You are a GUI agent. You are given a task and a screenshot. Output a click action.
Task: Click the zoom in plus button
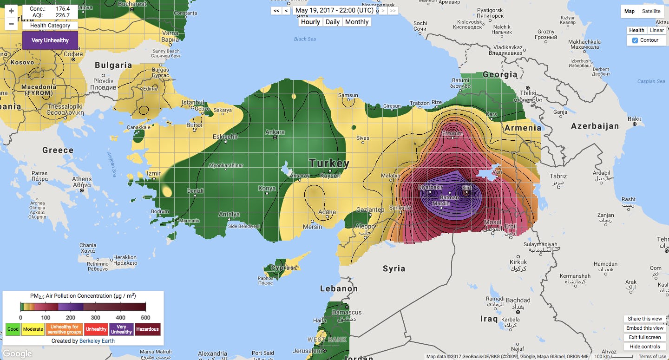click(x=11, y=11)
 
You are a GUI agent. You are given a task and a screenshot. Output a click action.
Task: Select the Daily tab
click(x=332, y=22)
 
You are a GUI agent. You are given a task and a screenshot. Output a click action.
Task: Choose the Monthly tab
click(x=357, y=22)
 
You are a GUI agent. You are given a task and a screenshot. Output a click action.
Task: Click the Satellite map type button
click(x=651, y=11)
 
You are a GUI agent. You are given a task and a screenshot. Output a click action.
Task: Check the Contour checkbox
click(x=635, y=40)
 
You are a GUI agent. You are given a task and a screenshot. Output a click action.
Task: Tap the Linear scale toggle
click(x=656, y=30)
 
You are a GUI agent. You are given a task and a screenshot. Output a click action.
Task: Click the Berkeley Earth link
click(x=97, y=340)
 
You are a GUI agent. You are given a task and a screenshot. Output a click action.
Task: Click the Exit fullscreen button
click(x=644, y=337)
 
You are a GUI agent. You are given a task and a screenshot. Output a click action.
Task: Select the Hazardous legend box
click(x=147, y=329)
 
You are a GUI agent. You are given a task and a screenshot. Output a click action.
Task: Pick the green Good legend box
click(x=13, y=329)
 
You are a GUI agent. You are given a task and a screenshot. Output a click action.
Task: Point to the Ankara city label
click(x=275, y=132)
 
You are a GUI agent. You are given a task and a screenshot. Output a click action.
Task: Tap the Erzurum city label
click(x=452, y=133)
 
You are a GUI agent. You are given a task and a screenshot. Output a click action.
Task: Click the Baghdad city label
click(x=518, y=300)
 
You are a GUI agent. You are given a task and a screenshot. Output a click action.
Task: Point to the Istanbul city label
click(x=193, y=102)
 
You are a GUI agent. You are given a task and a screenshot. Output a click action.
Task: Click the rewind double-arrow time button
click(x=276, y=11)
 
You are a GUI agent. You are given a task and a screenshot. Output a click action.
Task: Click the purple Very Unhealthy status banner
click(x=50, y=40)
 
